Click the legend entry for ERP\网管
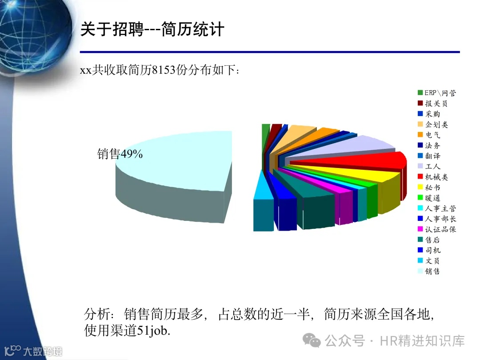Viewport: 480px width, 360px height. pyautogui.click(x=439, y=93)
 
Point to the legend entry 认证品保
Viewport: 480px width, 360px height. pyautogui.click(x=439, y=229)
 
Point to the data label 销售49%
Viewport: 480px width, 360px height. pyautogui.click(x=120, y=154)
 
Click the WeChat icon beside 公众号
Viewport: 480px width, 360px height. pyautogui.click(x=312, y=341)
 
